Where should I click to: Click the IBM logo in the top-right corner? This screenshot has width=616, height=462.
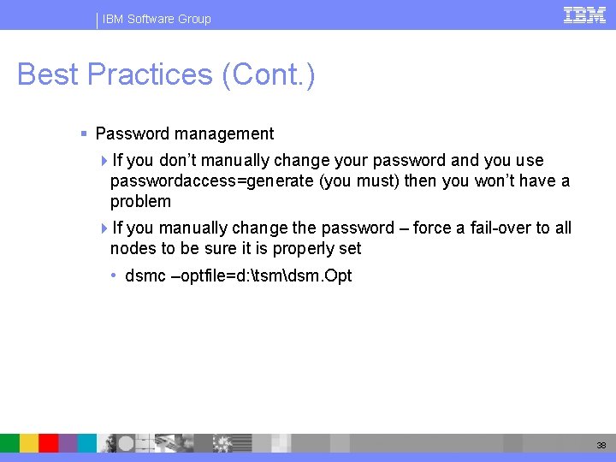[584, 15]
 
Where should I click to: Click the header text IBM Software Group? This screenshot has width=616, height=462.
[156, 19]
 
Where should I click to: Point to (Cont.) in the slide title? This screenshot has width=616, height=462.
[269, 75]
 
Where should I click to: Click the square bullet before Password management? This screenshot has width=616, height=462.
[84, 134]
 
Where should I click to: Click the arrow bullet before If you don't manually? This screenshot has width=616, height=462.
[104, 161]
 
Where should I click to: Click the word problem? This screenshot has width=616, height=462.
[140, 202]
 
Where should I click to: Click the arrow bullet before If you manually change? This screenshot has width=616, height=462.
[104, 228]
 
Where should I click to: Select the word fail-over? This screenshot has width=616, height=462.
[500, 228]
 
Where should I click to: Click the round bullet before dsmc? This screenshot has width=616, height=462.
[114, 275]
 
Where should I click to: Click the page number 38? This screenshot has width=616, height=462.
[601, 445]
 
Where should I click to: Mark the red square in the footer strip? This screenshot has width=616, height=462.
[49, 442]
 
